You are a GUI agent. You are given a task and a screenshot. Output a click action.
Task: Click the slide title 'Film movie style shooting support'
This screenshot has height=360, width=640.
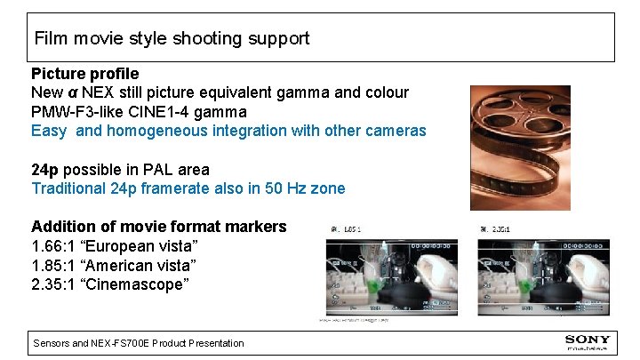click(172, 38)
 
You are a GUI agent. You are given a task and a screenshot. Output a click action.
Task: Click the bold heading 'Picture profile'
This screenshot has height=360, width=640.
click(84, 73)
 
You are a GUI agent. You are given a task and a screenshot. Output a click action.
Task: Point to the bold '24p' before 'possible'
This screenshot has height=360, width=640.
click(46, 169)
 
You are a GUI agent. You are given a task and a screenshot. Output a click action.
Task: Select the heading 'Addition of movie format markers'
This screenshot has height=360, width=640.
click(159, 227)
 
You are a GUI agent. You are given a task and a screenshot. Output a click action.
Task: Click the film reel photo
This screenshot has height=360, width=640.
click(520, 147)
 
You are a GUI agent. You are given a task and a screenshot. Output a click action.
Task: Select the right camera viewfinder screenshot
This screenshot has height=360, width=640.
click(519, 271)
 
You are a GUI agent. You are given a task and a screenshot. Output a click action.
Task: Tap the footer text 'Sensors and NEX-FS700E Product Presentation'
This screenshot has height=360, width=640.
click(138, 343)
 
